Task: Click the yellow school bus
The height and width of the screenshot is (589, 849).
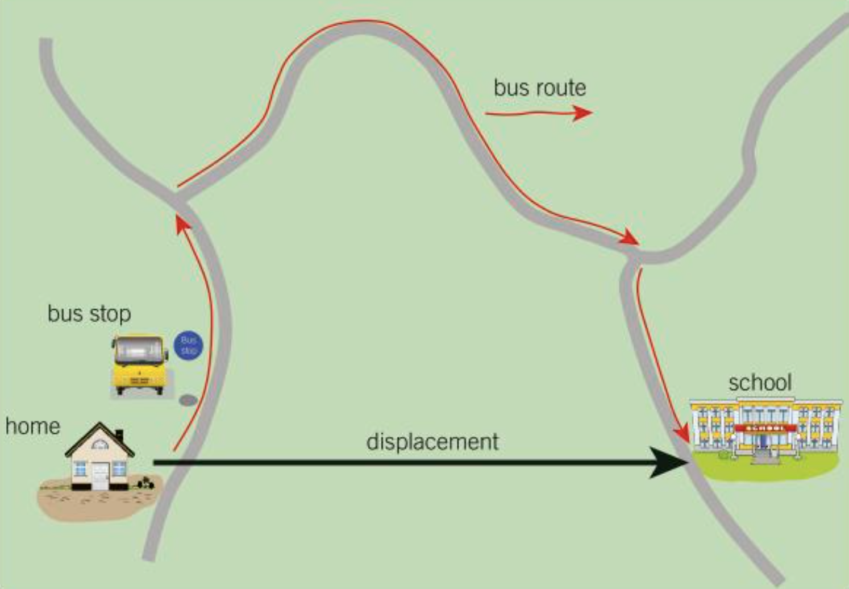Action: [140, 364]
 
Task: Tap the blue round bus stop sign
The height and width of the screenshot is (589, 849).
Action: [188, 346]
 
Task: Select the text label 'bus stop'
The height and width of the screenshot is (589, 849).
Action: [89, 314]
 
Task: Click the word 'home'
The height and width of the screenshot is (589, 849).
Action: [32, 426]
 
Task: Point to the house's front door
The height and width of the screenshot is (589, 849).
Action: [100, 475]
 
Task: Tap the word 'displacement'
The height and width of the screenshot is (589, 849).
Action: [432, 442]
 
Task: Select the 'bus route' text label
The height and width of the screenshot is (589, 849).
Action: [539, 88]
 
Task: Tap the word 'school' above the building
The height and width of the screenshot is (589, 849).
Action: [760, 383]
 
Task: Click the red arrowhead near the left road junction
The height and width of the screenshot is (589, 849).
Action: [182, 223]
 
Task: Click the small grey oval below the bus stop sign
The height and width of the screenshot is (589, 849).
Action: [188, 400]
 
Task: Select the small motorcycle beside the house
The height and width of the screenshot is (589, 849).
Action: [146, 483]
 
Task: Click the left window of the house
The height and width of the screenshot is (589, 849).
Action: [80, 468]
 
